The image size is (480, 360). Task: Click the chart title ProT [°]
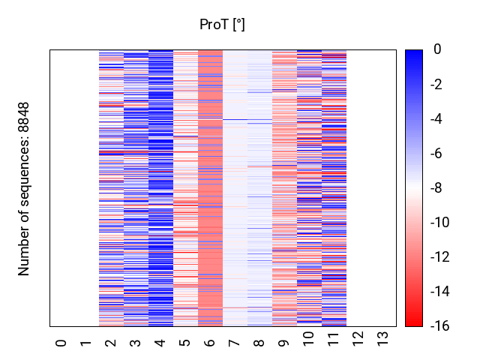222,25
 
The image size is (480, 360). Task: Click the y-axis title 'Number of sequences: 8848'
23,189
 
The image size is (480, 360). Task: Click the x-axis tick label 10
308,339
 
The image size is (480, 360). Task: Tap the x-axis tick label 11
333,339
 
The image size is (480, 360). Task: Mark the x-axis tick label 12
358,339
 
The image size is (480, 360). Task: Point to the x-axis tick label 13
382,339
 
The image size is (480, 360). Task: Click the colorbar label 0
437,49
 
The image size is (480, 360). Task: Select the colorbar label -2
436,84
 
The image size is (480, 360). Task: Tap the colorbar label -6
436,153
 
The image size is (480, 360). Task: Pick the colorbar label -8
436,187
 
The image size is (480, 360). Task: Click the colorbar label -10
440,222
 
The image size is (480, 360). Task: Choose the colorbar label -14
440,292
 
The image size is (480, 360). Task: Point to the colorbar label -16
440,326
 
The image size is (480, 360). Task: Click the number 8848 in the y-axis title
23,117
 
